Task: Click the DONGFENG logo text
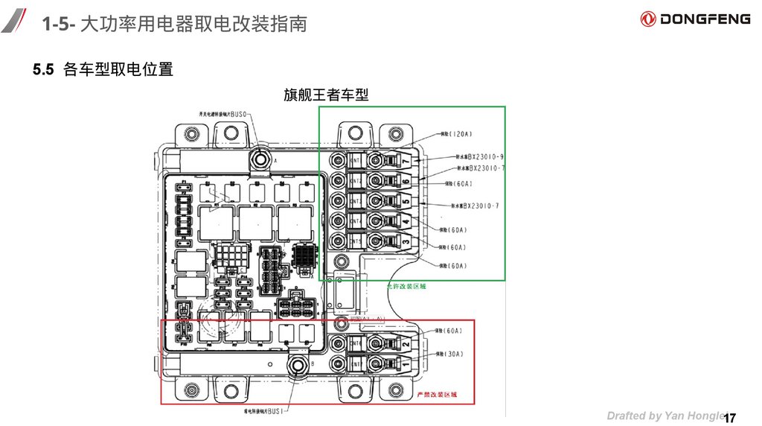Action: tap(704, 19)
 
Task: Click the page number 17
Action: tap(729, 417)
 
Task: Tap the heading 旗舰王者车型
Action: tap(326, 95)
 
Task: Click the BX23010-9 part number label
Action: tap(481, 157)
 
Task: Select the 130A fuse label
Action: tap(452, 354)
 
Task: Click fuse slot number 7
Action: tap(406, 162)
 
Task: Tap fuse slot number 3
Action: tap(406, 243)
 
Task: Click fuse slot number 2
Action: tap(406, 345)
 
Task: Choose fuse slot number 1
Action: tap(406, 364)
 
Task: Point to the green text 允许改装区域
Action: tap(406, 285)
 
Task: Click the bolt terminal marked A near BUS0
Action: tap(261, 158)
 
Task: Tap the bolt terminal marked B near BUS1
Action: tap(300, 366)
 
